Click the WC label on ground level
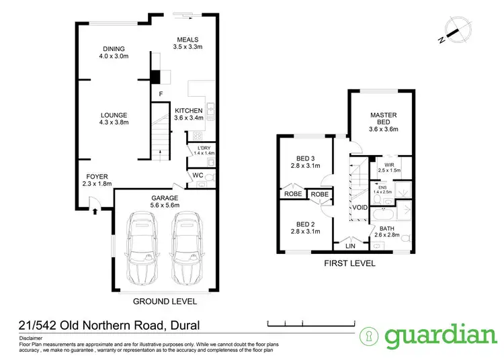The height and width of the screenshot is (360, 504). tap(198, 176)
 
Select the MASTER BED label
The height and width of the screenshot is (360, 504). tap(384, 118)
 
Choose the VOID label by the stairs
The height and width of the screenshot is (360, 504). tap(359, 208)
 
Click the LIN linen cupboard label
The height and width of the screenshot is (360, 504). tap(349, 246)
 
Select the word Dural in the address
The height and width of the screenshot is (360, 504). tap(183, 326)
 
